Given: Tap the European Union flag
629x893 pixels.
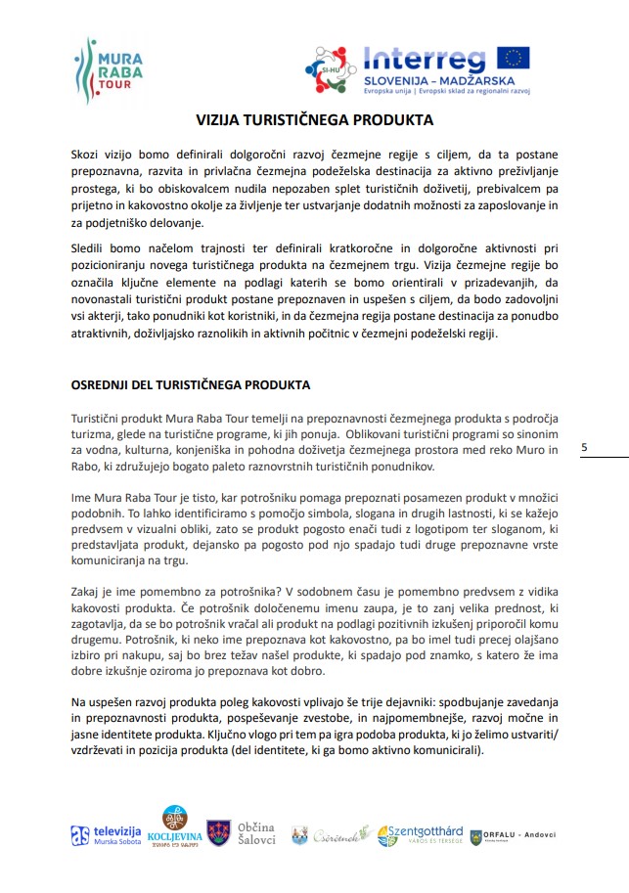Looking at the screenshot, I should (513, 58).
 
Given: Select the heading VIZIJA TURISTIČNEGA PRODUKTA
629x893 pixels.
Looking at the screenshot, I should (314, 120).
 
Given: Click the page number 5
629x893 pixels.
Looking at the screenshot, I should (584, 447).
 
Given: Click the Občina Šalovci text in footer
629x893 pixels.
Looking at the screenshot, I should (257, 833).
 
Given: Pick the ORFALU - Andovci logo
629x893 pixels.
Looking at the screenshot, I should (512, 836).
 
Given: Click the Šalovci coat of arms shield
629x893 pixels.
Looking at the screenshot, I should (219, 833).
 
